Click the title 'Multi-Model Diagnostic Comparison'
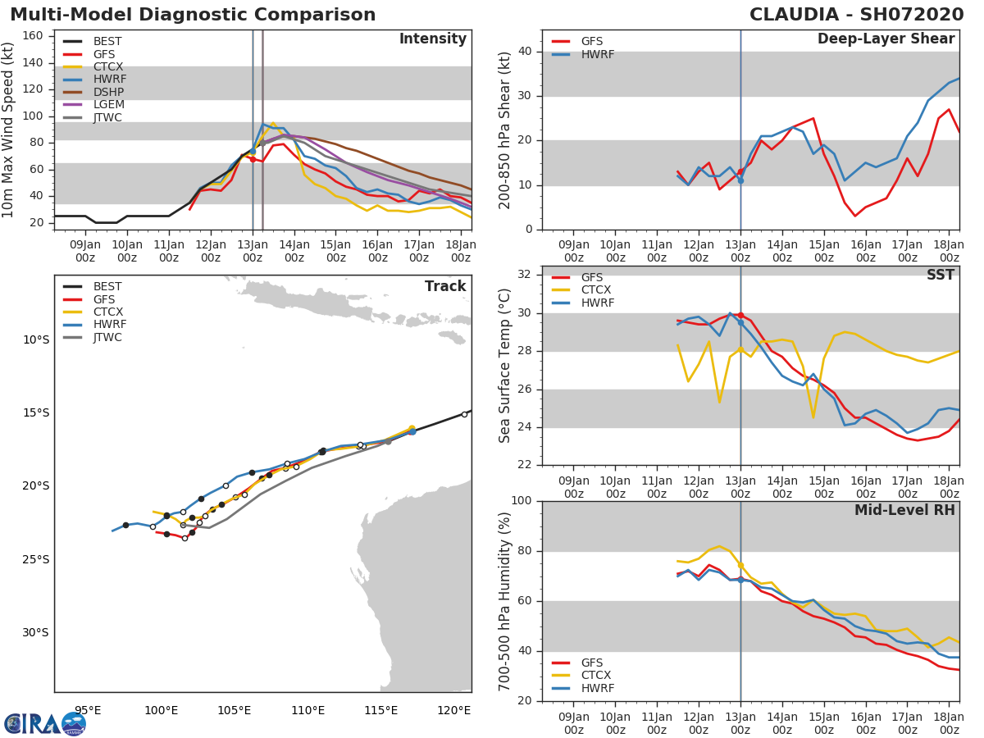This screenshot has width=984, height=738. click(x=193, y=15)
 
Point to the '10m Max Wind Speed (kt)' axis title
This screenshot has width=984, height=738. click(x=9, y=130)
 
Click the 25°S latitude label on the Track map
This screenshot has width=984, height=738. click(x=35, y=560)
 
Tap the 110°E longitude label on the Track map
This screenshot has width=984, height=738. click(x=307, y=710)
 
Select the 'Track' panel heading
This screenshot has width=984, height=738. click(x=444, y=286)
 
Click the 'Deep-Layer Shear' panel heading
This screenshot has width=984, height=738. click(x=886, y=39)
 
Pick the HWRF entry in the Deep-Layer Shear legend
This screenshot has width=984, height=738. click(x=597, y=55)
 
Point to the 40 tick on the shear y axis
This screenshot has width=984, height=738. click(x=525, y=52)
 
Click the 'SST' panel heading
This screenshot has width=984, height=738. click(x=940, y=276)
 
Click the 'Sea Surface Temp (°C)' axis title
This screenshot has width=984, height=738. click(x=505, y=366)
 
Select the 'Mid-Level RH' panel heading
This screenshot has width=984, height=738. click(x=904, y=511)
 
